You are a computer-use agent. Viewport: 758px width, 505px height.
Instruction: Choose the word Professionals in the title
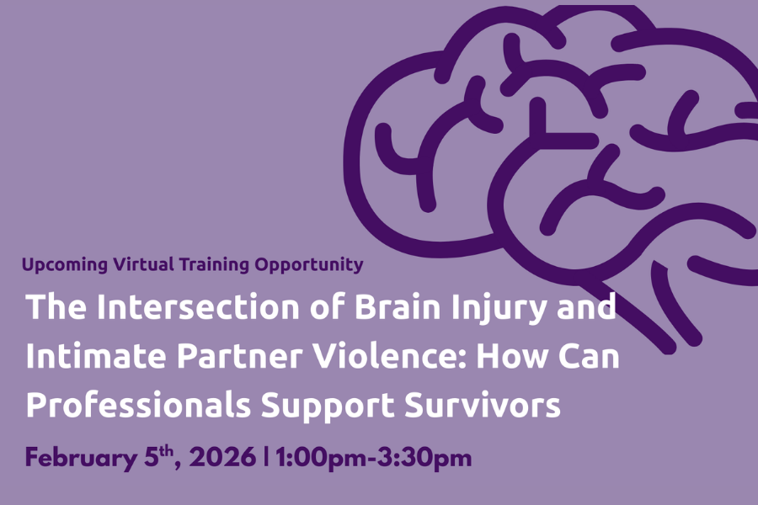[x=138, y=406]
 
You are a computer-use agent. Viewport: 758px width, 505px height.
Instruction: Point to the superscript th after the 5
[x=168, y=451]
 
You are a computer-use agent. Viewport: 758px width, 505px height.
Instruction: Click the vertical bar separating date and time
[x=266, y=459]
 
